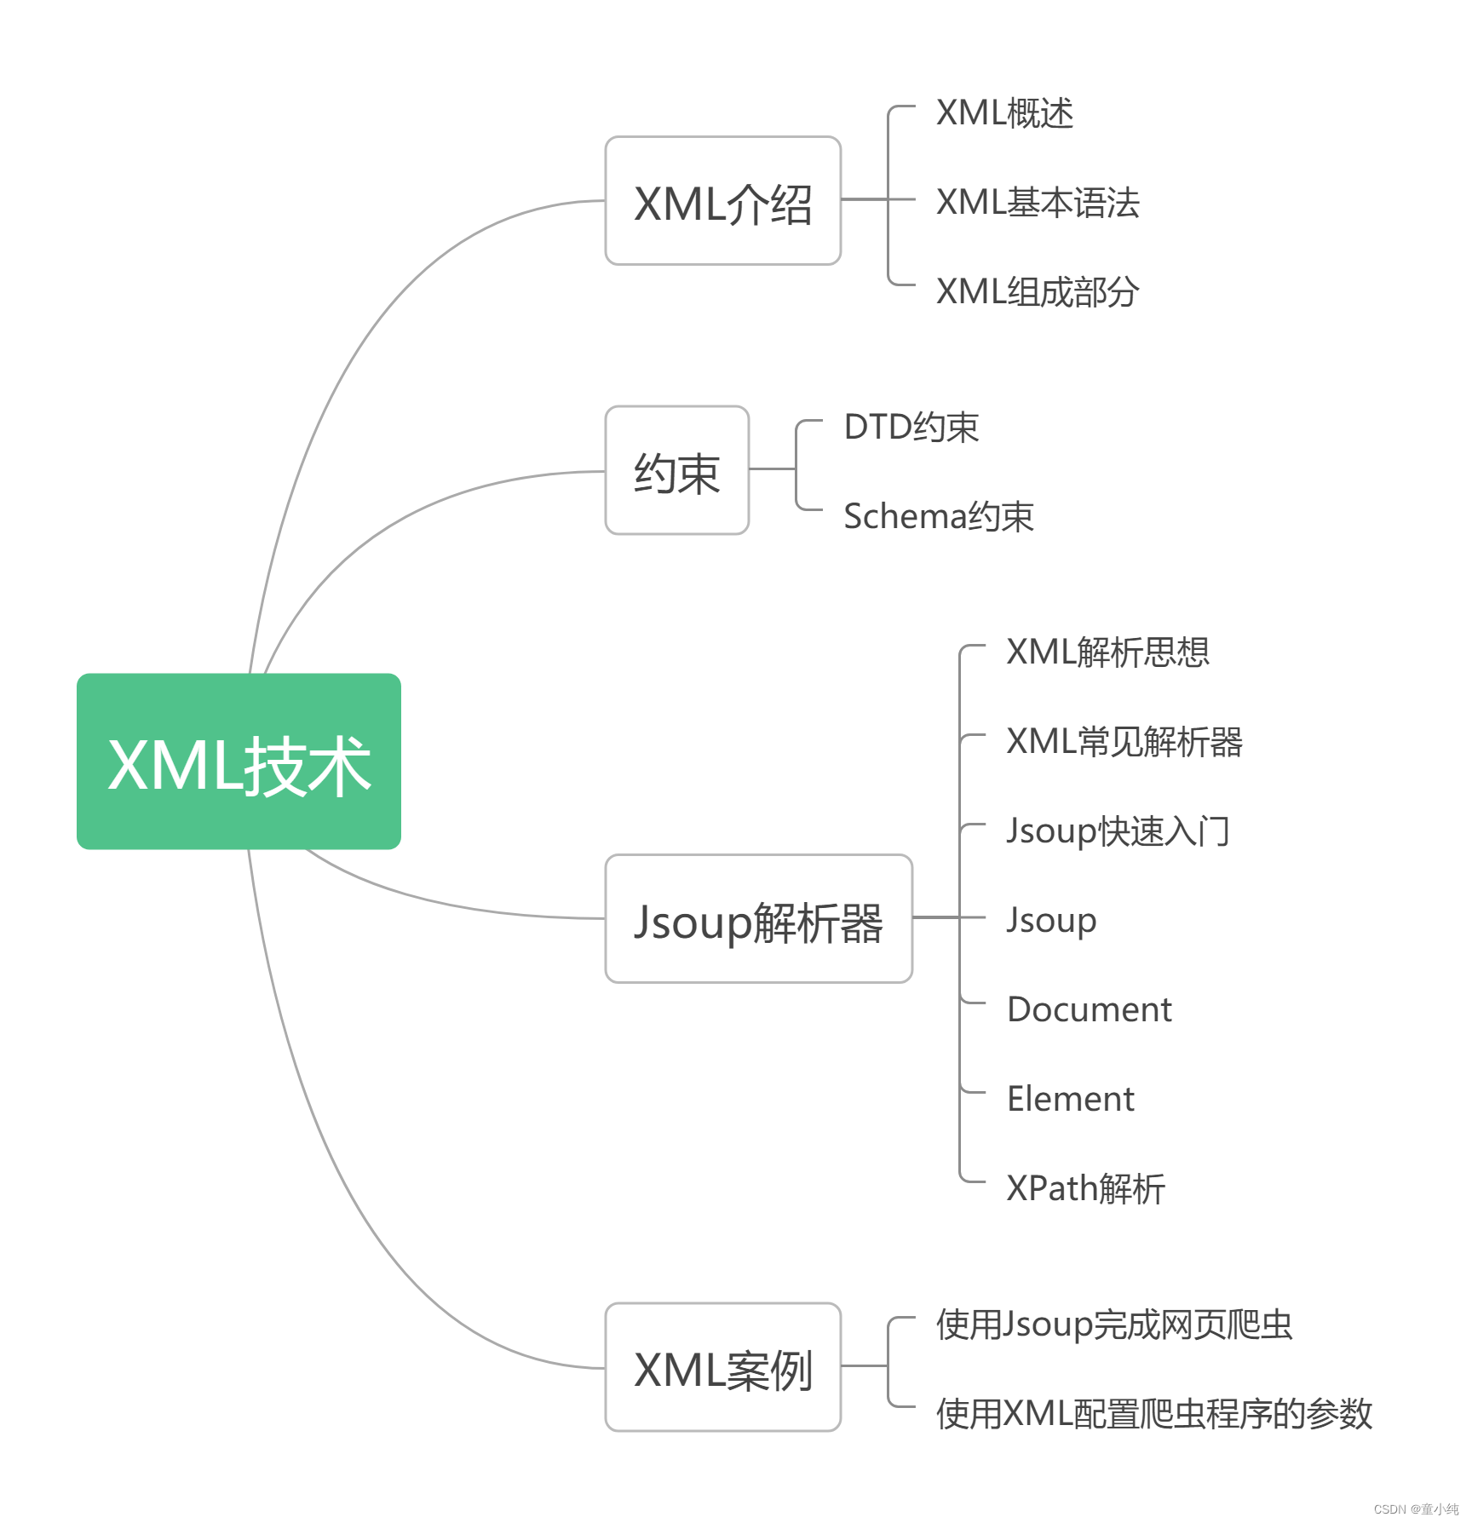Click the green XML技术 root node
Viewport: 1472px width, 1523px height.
[239, 761]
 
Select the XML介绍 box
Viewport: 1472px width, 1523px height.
[722, 201]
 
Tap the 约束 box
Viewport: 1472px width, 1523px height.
[676, 470]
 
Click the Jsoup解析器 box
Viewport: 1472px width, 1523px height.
[758, 919]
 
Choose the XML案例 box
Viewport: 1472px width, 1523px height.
[722, 1367]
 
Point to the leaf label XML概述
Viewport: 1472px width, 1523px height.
[1004, 113]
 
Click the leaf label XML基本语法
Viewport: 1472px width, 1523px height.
[1037, 203]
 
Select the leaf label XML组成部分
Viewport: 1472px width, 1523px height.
[1037, 292]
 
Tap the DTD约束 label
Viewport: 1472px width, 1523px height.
[911, 428]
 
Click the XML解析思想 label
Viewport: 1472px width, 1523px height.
[1107, 652]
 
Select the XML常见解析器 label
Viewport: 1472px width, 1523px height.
[1124, 742]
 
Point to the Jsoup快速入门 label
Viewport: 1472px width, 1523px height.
[1118, 831]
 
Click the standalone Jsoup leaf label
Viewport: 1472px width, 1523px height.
[1051, 921]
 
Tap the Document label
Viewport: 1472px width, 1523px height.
[1089, 1010]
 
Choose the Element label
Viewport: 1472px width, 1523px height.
[1070, 1100]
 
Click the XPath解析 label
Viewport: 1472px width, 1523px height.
[1085, 1189]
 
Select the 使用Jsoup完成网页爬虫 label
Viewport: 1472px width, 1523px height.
[1114, 1325]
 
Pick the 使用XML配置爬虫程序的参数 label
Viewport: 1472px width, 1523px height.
[1153, 1414]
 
